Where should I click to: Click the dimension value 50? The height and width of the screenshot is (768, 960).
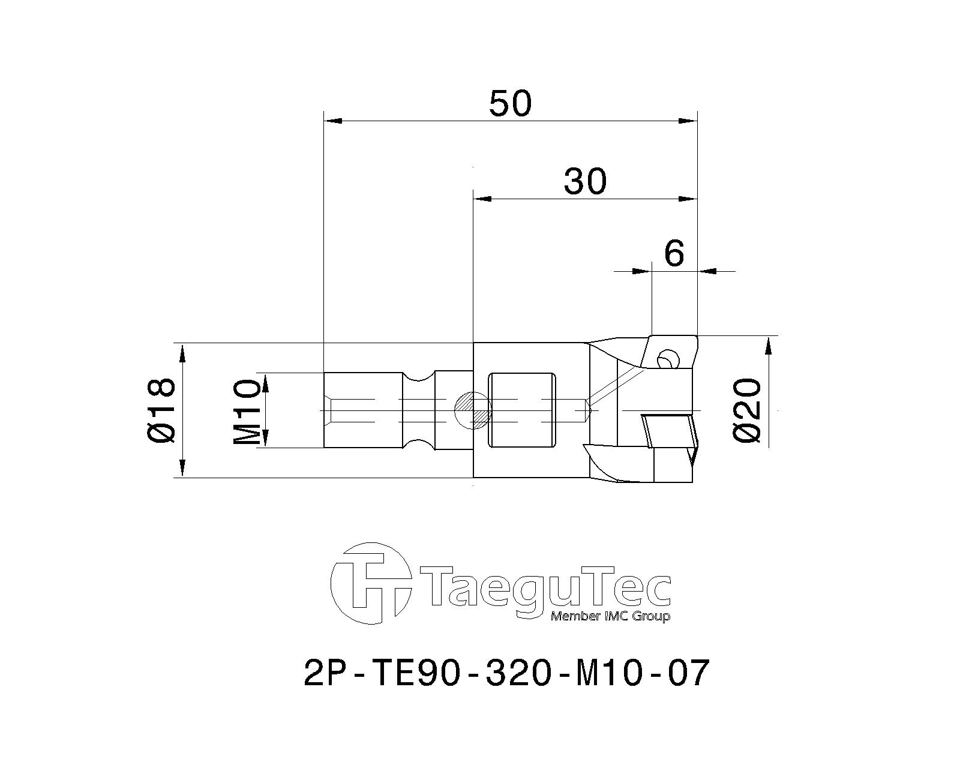510,103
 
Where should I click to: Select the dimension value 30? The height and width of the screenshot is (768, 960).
585,181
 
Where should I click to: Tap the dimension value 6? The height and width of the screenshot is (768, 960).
674,254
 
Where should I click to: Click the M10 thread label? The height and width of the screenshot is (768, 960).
247,411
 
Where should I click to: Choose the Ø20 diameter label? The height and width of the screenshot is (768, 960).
747,411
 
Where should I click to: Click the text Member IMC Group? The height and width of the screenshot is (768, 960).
610,617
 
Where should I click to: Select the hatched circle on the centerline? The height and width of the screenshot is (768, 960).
472,410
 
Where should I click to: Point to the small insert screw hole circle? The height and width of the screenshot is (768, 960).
667,360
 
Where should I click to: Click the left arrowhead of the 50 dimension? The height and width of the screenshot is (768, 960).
332,121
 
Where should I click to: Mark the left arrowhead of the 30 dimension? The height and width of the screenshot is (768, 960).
482,199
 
